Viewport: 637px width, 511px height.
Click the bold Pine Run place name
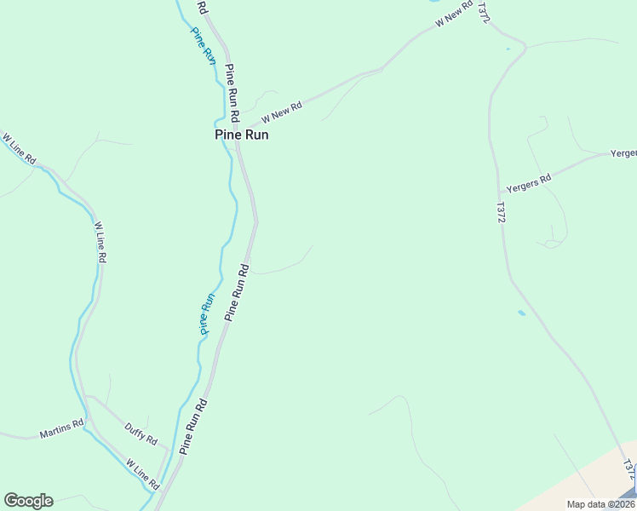click(242, 135)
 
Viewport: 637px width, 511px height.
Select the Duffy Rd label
click(141, 434)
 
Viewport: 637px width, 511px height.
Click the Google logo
click(28, 501)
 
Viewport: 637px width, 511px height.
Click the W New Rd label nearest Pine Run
click(282, 112)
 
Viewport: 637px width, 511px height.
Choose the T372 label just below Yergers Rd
click(501, 213)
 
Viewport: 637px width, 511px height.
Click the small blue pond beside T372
click(521, 313)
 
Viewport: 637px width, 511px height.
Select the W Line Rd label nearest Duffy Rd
click(143, 474)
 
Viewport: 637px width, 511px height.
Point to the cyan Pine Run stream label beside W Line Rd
click(207, 313)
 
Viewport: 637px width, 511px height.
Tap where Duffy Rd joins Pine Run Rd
click(170, 452)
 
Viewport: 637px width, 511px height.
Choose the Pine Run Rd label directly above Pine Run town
click(231, 94)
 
